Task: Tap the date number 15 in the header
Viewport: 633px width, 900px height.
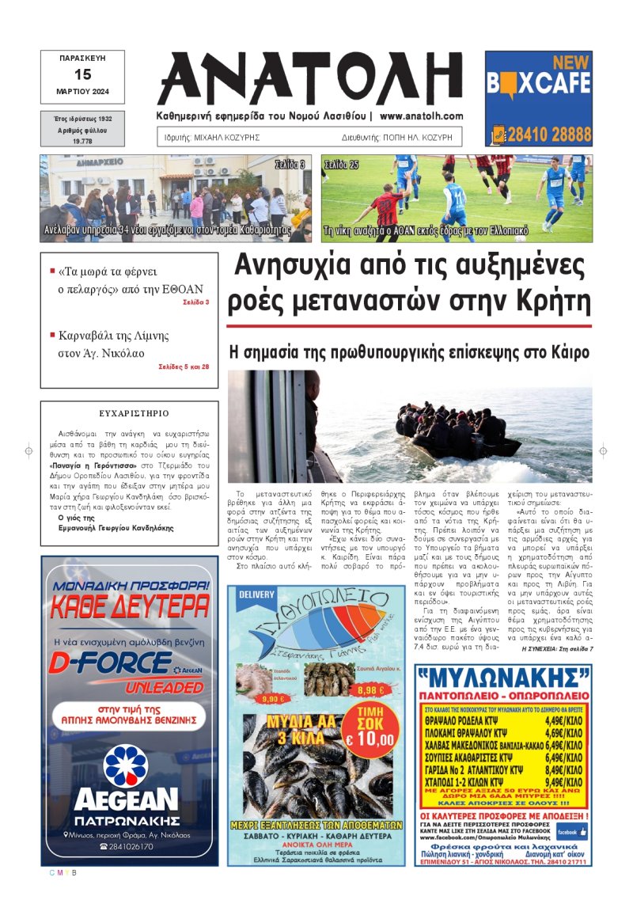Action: pos(83,74)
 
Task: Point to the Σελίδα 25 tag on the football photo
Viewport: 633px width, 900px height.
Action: pos(341,165)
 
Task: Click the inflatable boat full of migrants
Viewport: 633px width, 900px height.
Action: pos(447,431)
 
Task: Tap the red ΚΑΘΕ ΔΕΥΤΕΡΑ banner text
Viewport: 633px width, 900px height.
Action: pos(130,608)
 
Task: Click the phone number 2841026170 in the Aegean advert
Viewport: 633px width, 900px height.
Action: pos(131,846)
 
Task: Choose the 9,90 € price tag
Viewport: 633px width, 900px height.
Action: pos(272,699)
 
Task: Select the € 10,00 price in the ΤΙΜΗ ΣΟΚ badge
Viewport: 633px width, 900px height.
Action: pos(374,740)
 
